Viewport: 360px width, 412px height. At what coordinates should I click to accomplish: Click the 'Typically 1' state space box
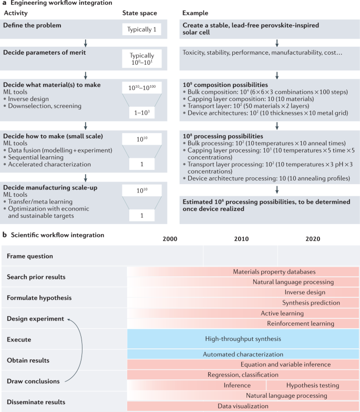coord(142,30)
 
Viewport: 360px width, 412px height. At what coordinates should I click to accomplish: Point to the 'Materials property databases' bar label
coord(274,272)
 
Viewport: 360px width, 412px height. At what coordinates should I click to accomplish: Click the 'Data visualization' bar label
coord(243,406)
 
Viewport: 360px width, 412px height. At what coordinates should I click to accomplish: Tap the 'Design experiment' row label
coord(35,319)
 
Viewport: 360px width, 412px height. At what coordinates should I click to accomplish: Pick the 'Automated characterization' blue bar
coord(243,355)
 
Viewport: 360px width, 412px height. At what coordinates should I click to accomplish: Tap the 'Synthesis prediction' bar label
coord(303,303)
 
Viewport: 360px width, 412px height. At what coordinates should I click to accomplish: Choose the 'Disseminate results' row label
coord(36,402)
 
